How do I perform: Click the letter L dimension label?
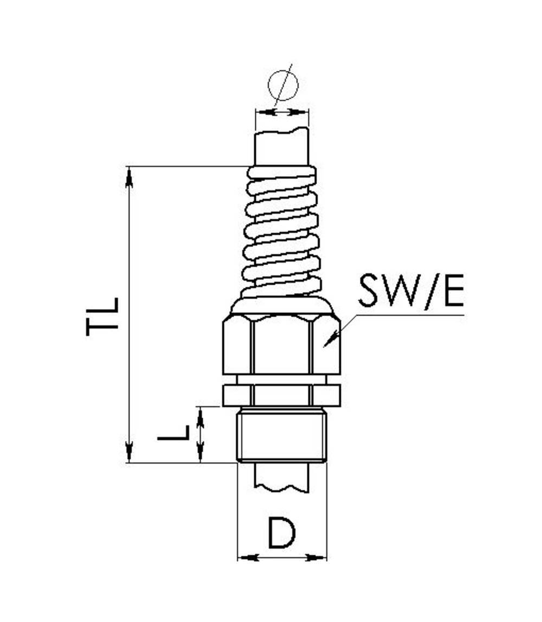(173, 433)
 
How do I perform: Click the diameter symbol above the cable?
(283, 86)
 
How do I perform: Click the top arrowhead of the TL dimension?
(129, 176)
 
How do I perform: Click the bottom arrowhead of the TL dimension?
(129, 452)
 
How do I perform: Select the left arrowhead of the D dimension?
(247, 557)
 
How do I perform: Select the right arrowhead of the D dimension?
(317, 557)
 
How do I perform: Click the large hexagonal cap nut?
(282, 345)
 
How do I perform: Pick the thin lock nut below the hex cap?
(282, 395)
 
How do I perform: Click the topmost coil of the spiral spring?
(282, 173)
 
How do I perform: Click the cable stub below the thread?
(282, 477)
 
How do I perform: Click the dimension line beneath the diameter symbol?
(282, 112)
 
